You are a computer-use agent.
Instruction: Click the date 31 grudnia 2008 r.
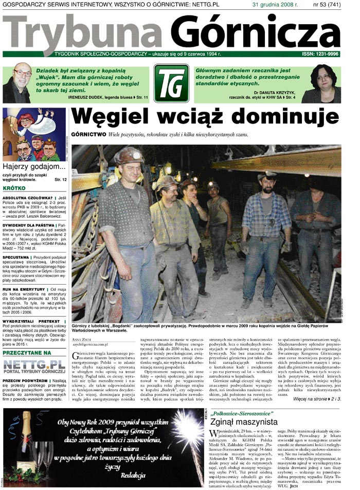pos(273,5)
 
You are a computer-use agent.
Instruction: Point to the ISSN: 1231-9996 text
pos(320,54)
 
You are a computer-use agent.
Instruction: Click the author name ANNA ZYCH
pos(83,339)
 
